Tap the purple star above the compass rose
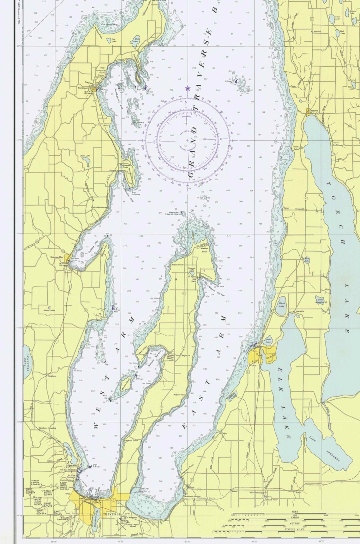188,89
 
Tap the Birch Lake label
281,305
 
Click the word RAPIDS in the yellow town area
271,356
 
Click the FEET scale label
295,511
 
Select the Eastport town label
314,111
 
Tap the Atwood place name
317,32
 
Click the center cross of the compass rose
188,140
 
